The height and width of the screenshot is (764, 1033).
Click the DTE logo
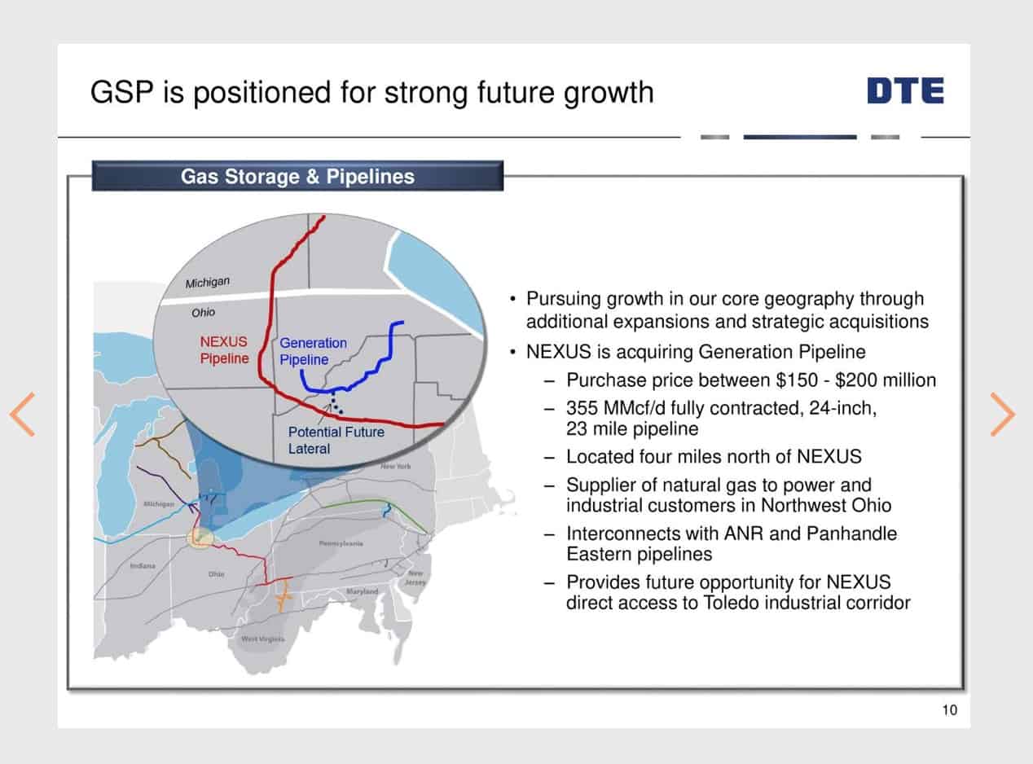[905, 90]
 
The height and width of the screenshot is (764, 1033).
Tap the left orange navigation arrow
[23, 414]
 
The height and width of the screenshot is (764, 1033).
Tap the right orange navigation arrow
[1002, 414]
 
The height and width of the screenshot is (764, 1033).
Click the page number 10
[949, 710]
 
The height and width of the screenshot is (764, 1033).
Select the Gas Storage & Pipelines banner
[297, 176]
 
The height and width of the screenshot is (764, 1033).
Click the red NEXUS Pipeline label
[224, 350]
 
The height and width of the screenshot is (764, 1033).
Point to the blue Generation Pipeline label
[313, 351]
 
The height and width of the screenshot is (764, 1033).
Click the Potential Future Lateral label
[336, 440]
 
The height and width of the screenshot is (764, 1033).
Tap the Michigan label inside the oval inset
[208, 283]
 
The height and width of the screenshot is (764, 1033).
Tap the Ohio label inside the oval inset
[204, 312]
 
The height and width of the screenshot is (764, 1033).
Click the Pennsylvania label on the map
[341, 543]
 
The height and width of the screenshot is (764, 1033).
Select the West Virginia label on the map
[263, 639]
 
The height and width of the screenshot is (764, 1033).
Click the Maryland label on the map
[362, 591]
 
